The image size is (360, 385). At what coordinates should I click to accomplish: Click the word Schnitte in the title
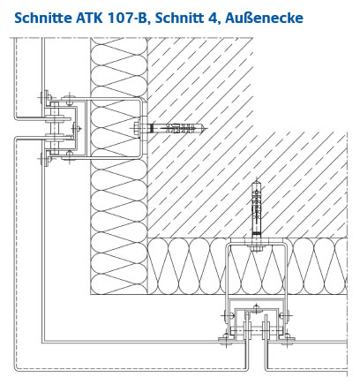coord(43,18)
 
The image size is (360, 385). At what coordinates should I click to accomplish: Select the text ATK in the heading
coord(89,18)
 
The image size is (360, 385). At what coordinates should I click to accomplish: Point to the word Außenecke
coord(264,18)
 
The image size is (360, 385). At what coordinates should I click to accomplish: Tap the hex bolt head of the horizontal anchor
coord(136,129)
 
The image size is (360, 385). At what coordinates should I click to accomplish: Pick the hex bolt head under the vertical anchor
coord(257,249)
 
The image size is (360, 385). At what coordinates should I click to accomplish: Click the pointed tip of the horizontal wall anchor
coord(207,129)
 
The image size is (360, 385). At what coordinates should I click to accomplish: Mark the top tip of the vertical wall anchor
coord(257,179)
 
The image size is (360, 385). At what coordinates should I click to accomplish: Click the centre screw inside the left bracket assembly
coord(78,128)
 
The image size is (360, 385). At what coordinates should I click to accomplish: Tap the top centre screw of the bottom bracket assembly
coord(257,308)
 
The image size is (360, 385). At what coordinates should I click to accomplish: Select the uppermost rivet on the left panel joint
coord(47,96)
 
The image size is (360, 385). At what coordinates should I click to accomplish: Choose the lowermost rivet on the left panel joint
coord(46,160)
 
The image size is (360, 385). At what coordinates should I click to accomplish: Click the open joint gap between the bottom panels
coord(258,355)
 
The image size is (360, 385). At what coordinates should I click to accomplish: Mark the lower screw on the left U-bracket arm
coord(69,157)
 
